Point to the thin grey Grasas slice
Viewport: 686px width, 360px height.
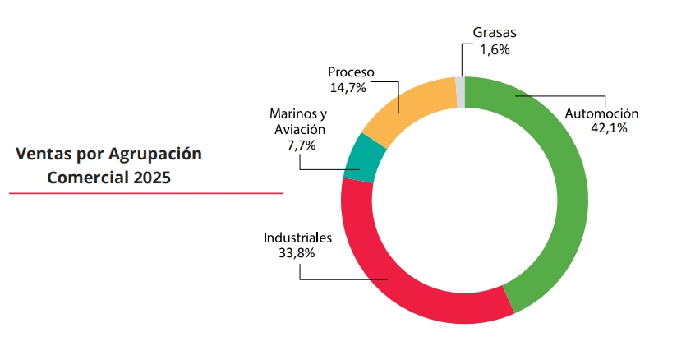coord(460,90)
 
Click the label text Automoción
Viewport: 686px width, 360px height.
coord(601,113)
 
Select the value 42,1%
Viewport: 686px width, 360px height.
coord(609,128)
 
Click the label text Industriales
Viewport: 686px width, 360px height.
coord(297,238)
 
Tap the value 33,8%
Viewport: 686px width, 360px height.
coord(297,252)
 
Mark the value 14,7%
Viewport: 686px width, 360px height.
coord(348,87)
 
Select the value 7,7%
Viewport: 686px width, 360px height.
coord(301,144)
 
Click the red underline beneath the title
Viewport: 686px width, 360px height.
coord(146,194)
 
